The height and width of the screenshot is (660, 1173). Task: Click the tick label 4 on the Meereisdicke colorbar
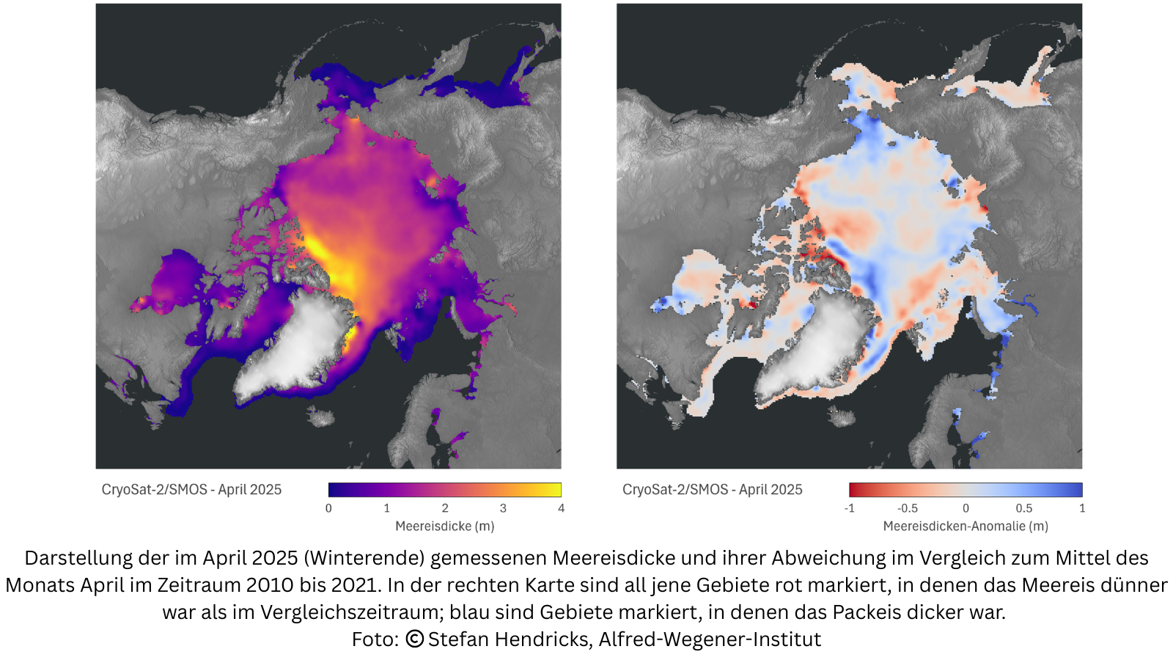click(561, 508)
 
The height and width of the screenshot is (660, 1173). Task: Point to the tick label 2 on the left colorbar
click(444, 508)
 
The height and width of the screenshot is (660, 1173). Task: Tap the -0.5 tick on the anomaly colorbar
click(907, 508)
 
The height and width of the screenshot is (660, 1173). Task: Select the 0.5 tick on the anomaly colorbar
click(1023, 508)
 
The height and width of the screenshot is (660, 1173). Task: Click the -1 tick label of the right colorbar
click(849, 508)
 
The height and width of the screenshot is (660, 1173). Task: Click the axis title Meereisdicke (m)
click(444, 527)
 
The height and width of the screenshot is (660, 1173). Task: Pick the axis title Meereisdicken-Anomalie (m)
click(965, 527)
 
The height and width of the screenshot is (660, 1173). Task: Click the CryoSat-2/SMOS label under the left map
click(191, 490)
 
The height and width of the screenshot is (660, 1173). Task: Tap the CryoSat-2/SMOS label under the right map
click(712, 490)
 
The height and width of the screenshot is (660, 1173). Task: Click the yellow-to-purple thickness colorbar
click(444, 490)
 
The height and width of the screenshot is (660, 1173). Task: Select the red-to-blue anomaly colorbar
click(965, 490)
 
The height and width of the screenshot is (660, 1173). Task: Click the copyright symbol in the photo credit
click(414, 639)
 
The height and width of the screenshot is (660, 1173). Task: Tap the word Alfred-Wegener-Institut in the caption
click(710, 639)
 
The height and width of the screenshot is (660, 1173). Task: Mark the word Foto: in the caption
click(375, 639)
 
